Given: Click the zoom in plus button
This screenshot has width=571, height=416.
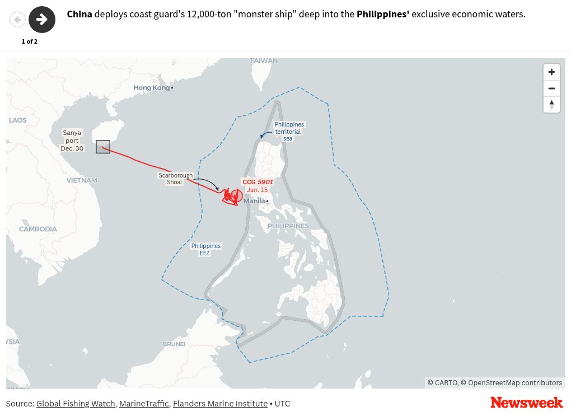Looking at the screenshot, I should (551, 72).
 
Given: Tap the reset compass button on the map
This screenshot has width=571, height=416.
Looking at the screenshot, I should (551, 104).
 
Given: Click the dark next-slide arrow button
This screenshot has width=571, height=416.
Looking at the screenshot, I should (42, 20).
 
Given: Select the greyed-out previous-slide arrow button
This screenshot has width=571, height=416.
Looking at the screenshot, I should (18, 20).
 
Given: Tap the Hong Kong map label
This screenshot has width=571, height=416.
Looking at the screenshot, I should (152, 88).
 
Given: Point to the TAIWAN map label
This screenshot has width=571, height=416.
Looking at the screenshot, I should (264, 60).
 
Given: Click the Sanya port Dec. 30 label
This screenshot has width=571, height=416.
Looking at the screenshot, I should (72, 141).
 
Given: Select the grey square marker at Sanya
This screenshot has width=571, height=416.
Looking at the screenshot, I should (103, 147).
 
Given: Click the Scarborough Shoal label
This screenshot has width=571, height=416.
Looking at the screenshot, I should (175, 179).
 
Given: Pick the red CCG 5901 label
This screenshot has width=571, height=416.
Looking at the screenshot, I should (258, 182).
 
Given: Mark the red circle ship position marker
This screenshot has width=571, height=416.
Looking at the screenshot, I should (237, 196).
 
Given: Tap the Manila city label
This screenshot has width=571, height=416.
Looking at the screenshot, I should (254, 201).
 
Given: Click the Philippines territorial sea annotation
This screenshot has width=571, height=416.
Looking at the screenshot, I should (289, 132).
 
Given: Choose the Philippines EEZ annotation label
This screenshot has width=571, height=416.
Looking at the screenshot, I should (206, 250).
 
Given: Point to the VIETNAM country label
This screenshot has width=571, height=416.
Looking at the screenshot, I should (82, 180).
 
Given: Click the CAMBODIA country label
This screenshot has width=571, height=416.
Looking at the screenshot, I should (38, 229).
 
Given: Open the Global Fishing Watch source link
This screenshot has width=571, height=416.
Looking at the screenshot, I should (76, 404).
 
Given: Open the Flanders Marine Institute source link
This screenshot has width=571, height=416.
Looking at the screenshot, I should (220, 404).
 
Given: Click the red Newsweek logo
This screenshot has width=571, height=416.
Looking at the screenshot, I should (526, 403).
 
